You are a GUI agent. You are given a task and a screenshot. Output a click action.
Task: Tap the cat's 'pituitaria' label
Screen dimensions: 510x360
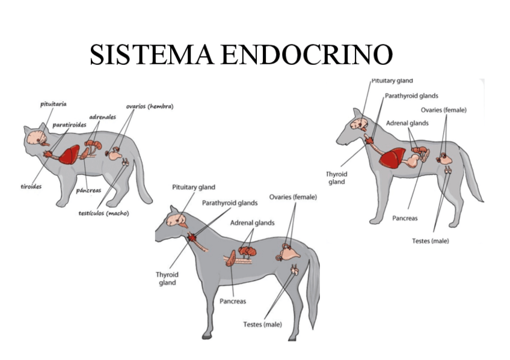coord(53,104)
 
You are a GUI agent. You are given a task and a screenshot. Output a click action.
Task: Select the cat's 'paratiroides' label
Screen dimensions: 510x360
coord(69,124)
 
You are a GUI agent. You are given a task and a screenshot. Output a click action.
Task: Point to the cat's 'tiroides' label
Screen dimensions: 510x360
coord(31,186)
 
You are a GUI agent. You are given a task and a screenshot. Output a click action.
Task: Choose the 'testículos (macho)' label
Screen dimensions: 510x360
coord(104,213)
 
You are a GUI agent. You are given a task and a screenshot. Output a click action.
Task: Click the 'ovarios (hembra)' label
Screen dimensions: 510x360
coord(150,106)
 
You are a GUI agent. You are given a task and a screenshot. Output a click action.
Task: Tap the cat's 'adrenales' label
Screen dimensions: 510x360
coord(102,117)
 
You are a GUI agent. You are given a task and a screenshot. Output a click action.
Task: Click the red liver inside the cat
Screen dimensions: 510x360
coord(69,156)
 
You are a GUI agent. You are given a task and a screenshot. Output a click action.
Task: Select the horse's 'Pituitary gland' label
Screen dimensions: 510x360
coord(194,188)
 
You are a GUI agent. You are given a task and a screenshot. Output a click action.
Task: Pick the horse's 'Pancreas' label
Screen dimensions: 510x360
coord(233,301)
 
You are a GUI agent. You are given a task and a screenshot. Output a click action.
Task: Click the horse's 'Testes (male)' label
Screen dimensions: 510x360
coord(262,325)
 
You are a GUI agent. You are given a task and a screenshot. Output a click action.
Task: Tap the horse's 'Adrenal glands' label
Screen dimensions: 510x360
coord(252,222)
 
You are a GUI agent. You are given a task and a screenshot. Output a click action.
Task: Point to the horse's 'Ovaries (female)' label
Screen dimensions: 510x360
coord(293,197)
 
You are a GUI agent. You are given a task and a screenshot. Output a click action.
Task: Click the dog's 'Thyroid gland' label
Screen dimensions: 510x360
coord(337,178)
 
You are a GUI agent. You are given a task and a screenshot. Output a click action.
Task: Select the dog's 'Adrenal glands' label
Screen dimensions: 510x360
coord(407,123)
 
